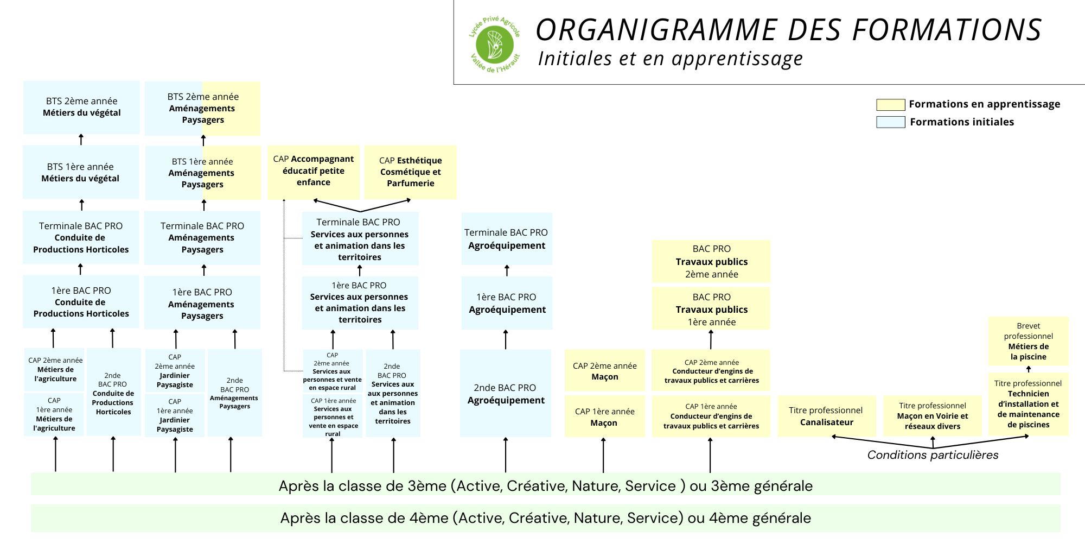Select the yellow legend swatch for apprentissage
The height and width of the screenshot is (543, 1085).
point(890,104)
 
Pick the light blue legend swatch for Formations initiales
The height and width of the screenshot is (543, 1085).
point(890,122)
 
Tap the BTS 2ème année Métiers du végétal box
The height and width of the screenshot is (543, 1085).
point(81,107)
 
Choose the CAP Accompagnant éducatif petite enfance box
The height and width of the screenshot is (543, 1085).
point(313,171)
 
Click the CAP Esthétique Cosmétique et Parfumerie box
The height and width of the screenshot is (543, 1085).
point(410,172)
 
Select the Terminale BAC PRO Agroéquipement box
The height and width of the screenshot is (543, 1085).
point(506,239)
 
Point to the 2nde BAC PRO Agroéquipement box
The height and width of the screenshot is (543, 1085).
point(505,393)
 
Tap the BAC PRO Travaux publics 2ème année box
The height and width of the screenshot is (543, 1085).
point(711,261)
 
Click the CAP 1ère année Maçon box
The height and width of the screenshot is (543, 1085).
point(604,416)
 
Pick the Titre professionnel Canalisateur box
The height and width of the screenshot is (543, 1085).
point(826,416)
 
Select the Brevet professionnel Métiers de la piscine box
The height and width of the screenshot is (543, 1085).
point(1028,341)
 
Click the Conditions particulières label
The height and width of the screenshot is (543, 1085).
point(933,455)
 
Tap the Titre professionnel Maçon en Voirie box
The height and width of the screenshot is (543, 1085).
point(932,416)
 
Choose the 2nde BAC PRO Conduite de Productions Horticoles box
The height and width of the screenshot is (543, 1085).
point(113,392)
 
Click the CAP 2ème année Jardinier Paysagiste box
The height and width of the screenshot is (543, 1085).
point(175,371)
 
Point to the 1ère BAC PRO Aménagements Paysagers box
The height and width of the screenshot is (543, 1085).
point(202,303)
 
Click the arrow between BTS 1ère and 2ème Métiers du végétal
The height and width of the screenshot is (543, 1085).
point(81,140)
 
